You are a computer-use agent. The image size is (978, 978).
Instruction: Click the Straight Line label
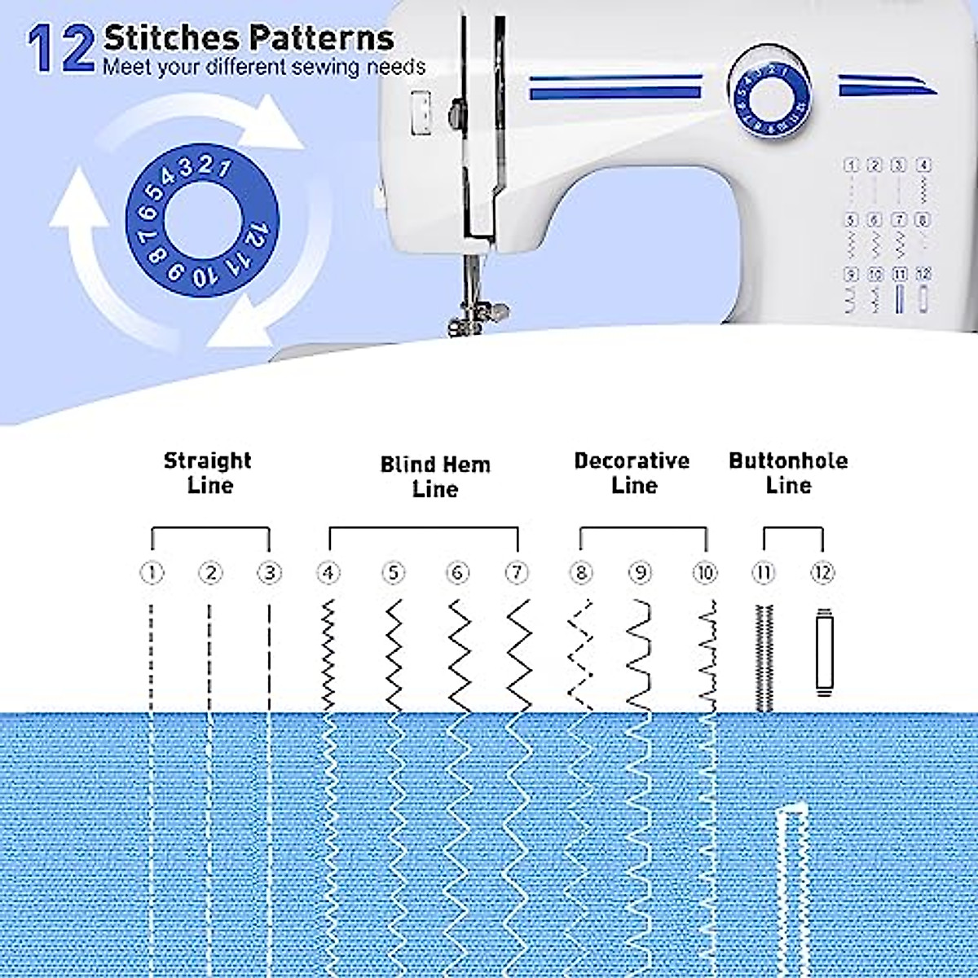[x=209, y=473]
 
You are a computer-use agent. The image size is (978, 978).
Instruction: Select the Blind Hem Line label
[x=435, y=477]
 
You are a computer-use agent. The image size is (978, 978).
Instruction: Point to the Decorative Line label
[x=632, y=473]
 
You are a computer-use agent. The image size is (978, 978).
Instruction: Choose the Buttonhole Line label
[x=788, y=473]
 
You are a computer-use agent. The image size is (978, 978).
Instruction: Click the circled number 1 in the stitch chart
[x=152, y=573]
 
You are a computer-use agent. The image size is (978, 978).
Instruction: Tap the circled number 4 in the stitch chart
[x=328, y=573]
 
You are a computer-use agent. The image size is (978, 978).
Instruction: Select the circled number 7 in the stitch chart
[x=517, y=573]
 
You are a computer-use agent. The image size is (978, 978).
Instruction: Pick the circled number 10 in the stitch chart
[x=705, y=573]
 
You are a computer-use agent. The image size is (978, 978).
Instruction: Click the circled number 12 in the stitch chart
[x=822, y=573]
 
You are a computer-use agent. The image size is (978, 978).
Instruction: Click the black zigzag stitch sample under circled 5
[x=394, y=654]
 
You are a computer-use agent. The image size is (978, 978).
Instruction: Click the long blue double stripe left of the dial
[x=615, y=87]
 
